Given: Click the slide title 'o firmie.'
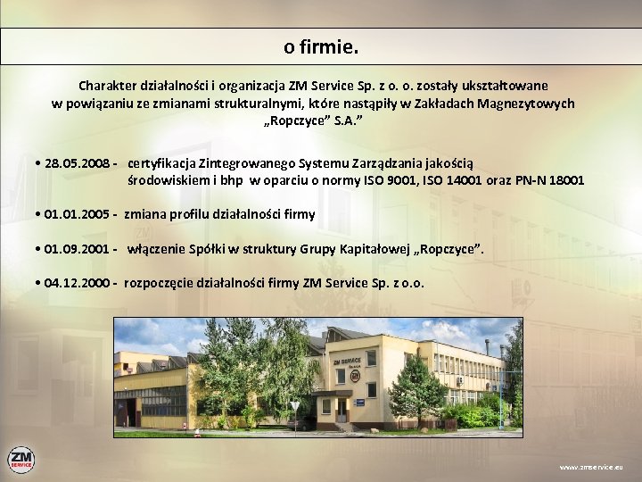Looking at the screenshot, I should [321, 46].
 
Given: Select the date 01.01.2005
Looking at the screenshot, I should [76, 215].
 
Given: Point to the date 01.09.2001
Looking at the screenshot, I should [76, 249].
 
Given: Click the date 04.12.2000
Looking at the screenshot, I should [77, 283].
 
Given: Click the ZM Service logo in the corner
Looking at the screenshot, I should [21, 460].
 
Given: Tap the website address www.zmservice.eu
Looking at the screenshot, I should [591, 467].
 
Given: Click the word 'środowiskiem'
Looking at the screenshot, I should [169, 180].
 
